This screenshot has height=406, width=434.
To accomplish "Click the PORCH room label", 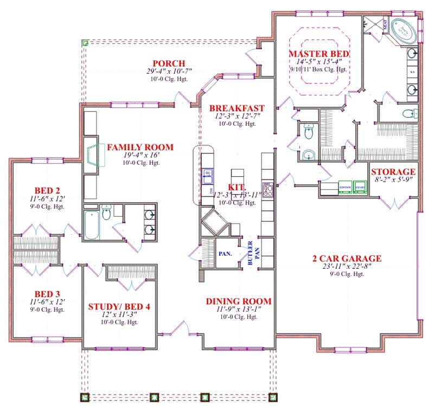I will tap(169, 63).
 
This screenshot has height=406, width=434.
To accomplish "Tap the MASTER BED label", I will tap(318, 54).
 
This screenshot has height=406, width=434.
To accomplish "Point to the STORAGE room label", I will tap(393, 172).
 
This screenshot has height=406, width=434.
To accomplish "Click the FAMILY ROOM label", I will tap(140, 147).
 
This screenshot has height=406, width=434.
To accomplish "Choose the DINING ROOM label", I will tap(238, 301).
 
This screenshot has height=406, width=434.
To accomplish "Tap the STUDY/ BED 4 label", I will tap(119, 307).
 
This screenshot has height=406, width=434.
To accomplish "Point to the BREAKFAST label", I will tap(237, 108).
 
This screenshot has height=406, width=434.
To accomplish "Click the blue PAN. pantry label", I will tap(226, 253).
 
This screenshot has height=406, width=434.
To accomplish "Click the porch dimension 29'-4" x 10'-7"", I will tap(169, 72).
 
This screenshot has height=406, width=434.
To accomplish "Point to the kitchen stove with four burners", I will tap(267, 190).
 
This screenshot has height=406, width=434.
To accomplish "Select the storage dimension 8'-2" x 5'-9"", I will tap(393, 181).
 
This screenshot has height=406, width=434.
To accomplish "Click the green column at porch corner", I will tap(85, 42).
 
